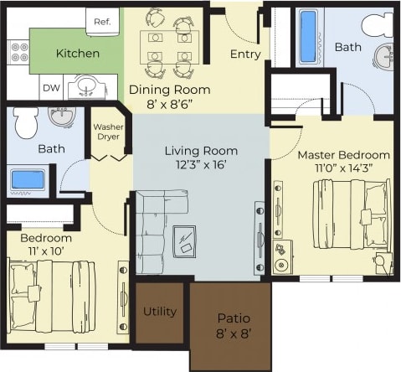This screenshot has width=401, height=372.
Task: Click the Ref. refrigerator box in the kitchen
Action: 102,22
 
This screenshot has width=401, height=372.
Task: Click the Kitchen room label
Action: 77,53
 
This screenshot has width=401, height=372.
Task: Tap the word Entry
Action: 245,55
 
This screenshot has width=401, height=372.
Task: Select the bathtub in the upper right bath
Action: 308,37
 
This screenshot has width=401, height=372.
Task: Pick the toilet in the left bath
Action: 24,123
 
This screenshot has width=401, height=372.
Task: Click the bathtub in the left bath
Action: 28,179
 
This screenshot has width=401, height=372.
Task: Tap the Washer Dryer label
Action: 108,132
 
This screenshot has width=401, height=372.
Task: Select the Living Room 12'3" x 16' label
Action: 201,158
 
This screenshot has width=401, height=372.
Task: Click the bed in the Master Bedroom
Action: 350,216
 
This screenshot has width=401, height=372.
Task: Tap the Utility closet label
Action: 159,312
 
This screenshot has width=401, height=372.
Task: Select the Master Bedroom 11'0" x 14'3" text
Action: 343,162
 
